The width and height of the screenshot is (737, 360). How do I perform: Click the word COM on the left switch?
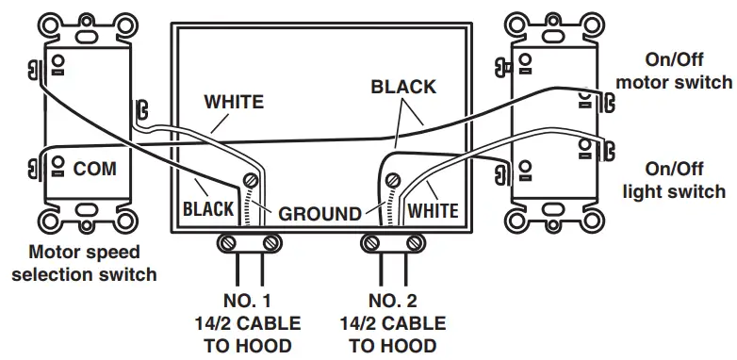(94, 169)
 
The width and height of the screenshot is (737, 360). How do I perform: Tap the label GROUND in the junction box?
(319, 213)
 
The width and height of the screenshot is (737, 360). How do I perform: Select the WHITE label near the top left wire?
(234, 101)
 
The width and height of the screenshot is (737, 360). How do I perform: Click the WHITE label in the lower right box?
(433, 209)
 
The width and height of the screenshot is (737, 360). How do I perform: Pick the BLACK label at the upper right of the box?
(403, 87)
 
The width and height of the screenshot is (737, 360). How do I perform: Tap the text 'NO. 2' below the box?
(394, 302)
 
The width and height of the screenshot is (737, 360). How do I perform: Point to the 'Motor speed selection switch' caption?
(84, 263)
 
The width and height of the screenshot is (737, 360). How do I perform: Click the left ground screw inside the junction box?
(252, 180)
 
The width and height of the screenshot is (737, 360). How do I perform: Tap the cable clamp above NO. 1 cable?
(249, 243)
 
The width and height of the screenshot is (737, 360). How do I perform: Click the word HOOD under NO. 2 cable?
(415, 345)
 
